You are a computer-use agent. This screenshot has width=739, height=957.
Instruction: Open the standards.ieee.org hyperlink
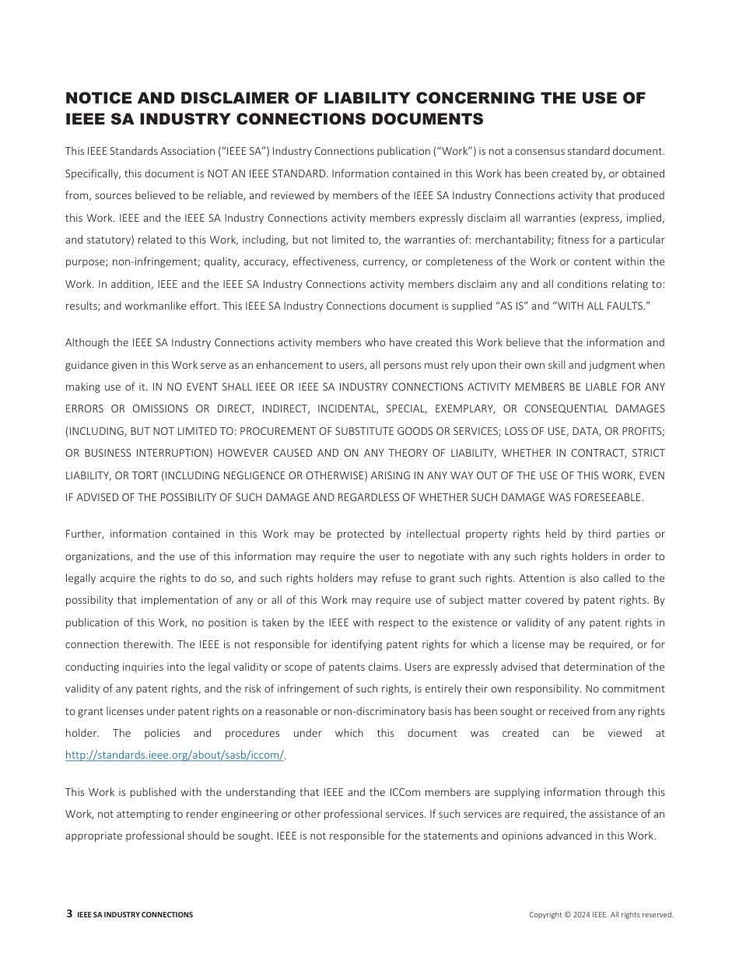(175, 755)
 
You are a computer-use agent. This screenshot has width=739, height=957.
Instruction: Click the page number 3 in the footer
(69, 914)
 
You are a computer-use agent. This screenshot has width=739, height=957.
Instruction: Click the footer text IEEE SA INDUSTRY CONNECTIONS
(135, 915)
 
